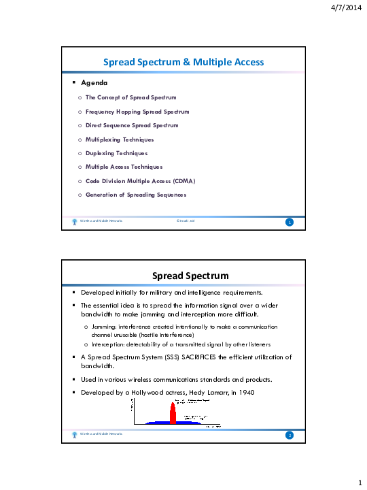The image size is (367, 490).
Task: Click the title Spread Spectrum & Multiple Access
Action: coord(183,62)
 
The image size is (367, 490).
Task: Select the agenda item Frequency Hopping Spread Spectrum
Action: coord(137,111)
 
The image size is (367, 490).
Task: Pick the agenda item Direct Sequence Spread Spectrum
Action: coord(132,125)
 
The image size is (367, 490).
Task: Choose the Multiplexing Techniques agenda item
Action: coord(120,139)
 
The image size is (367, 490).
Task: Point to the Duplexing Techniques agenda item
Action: coord(116,153)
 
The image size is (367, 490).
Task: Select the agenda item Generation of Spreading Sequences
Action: coord(136,195)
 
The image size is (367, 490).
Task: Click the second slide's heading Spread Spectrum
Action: coord(183,276)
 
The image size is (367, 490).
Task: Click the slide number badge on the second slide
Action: coord(290,435)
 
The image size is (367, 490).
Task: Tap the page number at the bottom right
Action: coord(359,481)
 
